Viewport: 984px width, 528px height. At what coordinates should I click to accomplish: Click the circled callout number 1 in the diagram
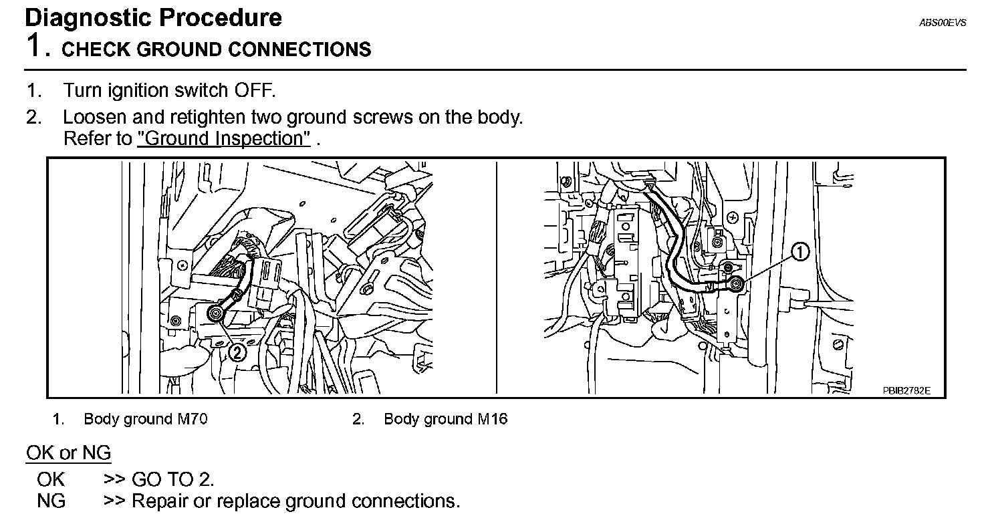pyautogui.click(x=800, y=252)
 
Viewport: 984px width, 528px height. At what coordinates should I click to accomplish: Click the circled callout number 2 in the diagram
pyautogui.click(x=238, y=352)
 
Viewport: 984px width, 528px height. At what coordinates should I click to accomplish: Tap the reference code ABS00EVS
pyautogui.click(x=943, y=22)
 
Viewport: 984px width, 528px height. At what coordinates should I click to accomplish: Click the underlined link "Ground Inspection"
pyautogui.click(x=224, y=139)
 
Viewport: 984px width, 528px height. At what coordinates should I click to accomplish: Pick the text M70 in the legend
pyautogui.click(x=193, y=419)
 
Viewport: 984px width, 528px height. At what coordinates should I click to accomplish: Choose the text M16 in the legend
pyautogui.click(x=493, y=419)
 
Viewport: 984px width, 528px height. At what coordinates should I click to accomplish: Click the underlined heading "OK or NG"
pyautogui.click(x=68, y=453)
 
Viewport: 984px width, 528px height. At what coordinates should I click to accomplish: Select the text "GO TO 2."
pyautogui.click(x=173, y=479)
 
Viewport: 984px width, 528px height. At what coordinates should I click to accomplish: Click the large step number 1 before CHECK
pyautogui.click(x=35, y=47)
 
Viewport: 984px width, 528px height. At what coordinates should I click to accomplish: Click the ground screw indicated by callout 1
pyautogui.click(x=737, y=285)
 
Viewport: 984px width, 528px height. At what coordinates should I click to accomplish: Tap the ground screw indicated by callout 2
pyautogui.click(x=215, y=313)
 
